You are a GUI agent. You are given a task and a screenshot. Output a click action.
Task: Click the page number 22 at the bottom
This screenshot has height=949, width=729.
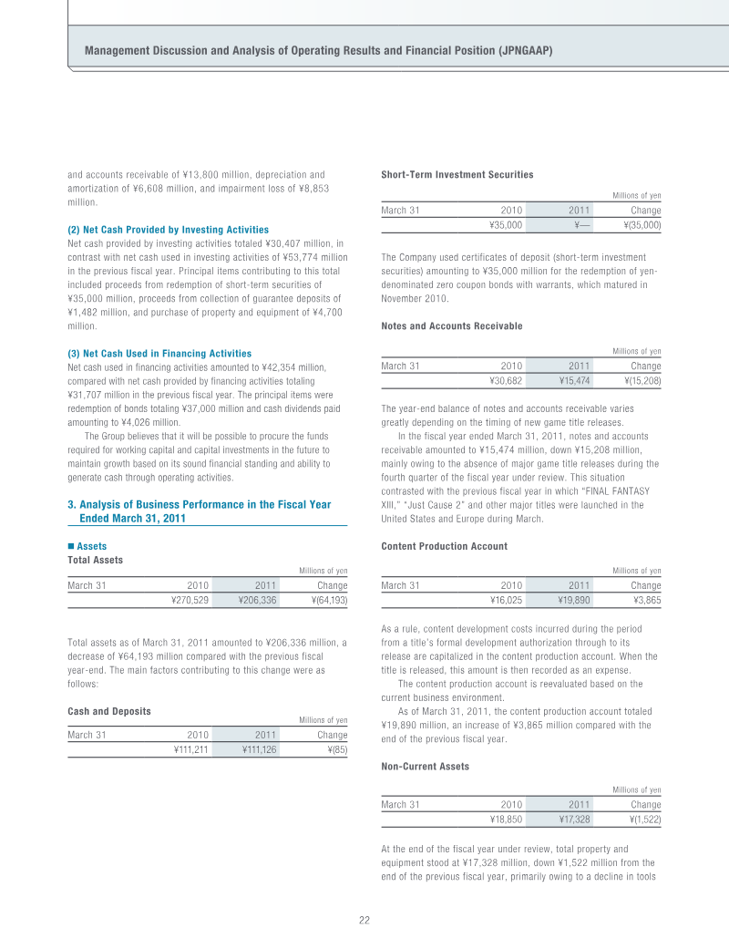point(364,920)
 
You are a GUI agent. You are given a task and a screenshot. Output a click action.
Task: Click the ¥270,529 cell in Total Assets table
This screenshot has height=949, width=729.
point(190,600)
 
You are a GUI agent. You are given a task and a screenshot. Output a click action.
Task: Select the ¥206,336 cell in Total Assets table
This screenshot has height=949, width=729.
point(257,600)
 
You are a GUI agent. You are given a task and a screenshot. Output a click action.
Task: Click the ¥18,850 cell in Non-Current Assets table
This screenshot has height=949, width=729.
point(505,820)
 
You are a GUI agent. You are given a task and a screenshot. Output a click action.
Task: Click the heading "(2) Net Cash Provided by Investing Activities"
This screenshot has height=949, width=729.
point(168,230)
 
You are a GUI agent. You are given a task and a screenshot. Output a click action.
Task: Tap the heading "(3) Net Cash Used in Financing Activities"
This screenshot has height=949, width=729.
point(159,353)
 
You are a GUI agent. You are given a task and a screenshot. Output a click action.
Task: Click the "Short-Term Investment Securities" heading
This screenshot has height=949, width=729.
point(457,174)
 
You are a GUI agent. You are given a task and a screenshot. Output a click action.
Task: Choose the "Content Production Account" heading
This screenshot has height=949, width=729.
point(444,546)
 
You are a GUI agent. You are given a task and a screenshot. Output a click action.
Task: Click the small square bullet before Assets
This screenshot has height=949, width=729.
point(71,546)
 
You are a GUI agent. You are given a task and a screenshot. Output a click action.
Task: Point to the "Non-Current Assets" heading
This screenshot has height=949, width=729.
point(425,767)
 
